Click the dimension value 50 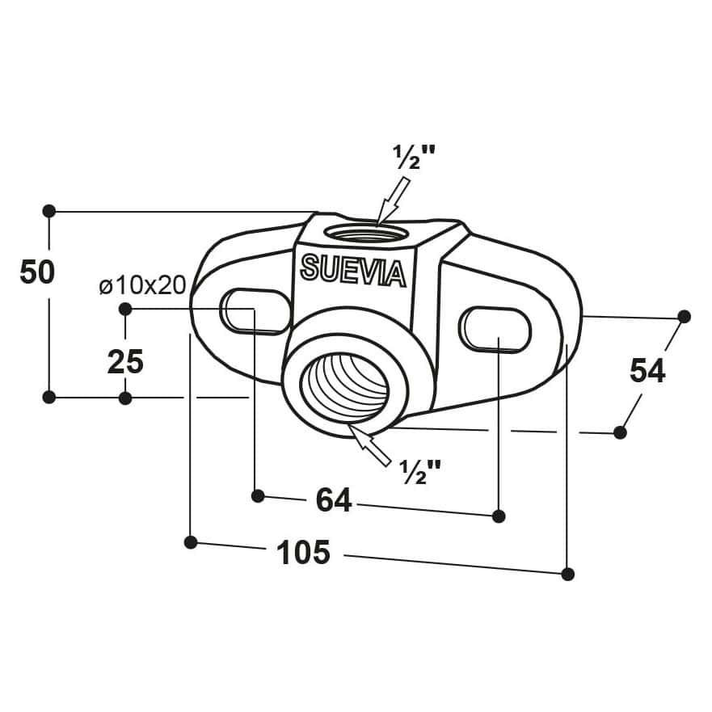[x=37, y=272]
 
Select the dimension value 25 [x=125, y=362]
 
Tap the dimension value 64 [x=334, y=500]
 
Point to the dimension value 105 [x=303, y=552]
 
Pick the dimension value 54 [x=647, y=370]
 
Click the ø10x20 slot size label [x=142, y=285]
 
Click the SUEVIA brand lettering [x=353, y=271]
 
